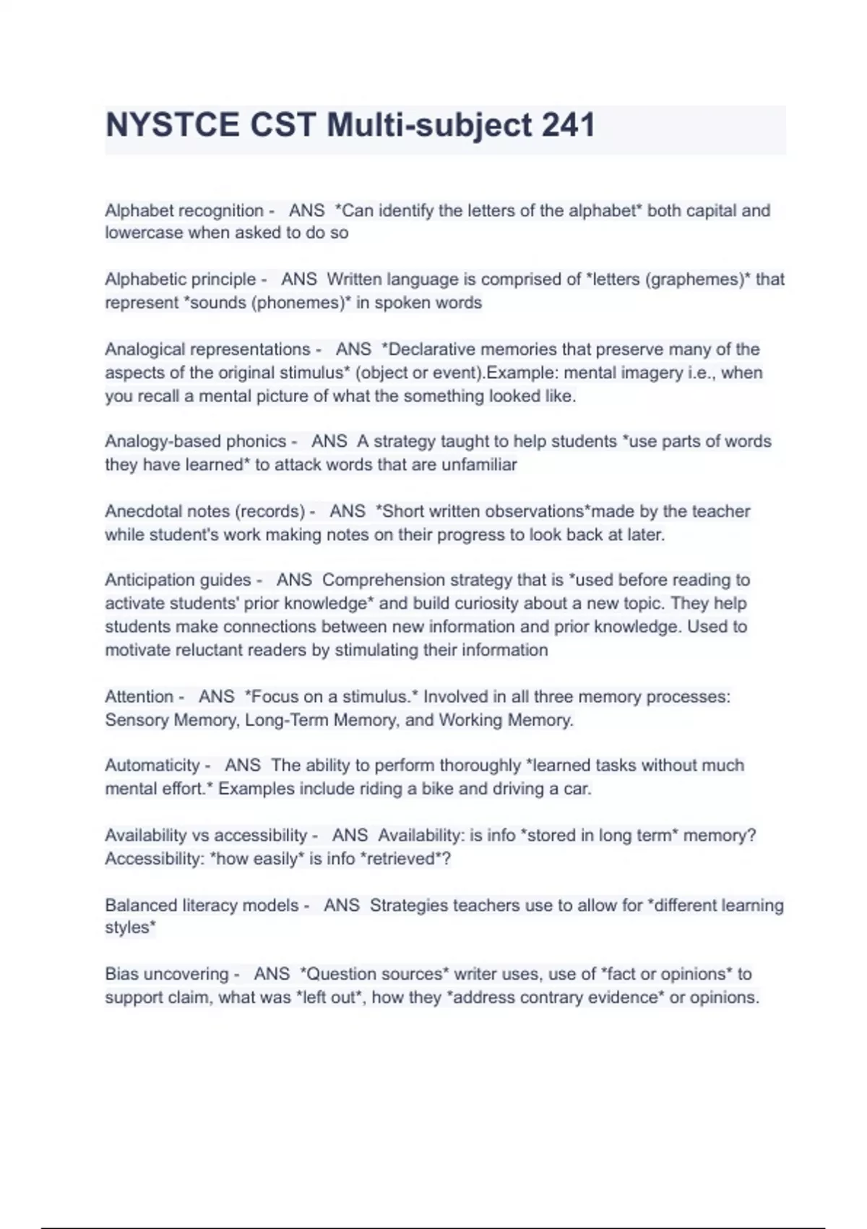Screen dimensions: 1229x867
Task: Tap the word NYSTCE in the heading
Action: pos(172,125)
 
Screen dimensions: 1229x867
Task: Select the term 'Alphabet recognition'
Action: pos(184,210)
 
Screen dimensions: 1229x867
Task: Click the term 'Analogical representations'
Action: pos(207,349)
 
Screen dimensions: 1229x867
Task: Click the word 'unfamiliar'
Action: pos(479,464)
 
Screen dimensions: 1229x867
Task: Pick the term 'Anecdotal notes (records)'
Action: pos(205,511)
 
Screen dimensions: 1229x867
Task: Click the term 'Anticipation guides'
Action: pos(178,580)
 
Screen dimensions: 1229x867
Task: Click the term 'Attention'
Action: pos(139,696)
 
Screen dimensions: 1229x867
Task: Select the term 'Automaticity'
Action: pos(152,765)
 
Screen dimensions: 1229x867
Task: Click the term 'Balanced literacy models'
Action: pos(202,905)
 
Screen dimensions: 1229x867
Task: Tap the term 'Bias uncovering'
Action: pos(166,974)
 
